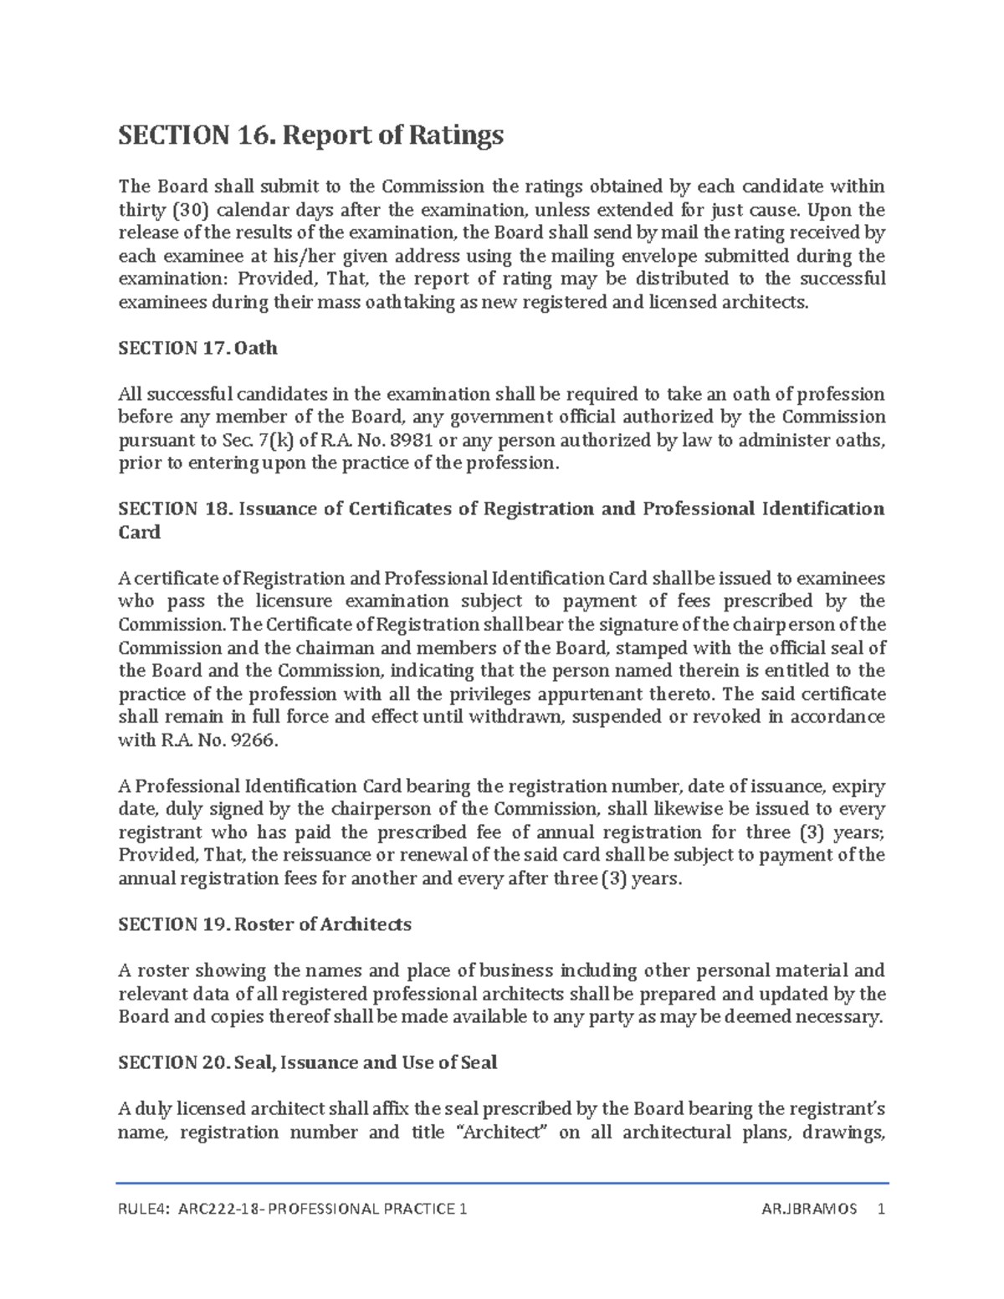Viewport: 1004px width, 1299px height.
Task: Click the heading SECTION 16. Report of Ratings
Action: [x=311, y=135]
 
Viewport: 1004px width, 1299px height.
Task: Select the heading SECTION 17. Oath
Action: [x=197, y=348]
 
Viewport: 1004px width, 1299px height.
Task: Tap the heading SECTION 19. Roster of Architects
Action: [x=264, y=924]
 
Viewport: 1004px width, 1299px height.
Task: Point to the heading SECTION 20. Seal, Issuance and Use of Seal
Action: [x=307, y=1062]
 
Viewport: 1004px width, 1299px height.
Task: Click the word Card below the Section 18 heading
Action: [x=139, y=532]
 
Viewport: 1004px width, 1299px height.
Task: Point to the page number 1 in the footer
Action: [x=879, y=1210]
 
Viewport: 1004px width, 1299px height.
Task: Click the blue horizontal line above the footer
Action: [x=502, y=1184]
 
